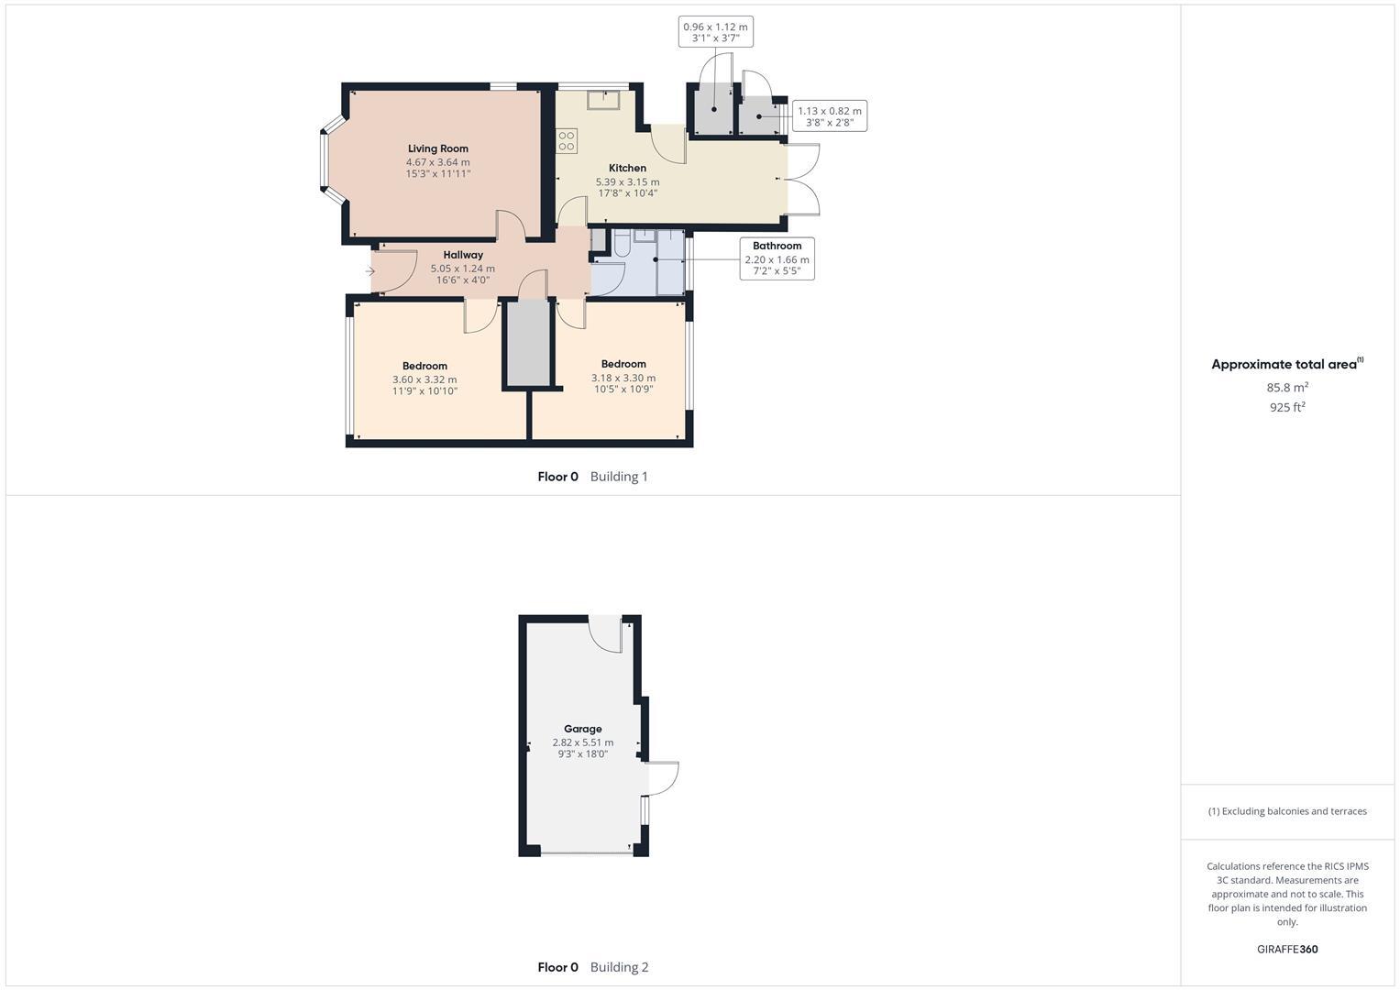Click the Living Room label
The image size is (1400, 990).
pyautogui.click(x=437, y=148)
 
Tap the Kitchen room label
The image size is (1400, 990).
pyautogui.click(x=627, y=168)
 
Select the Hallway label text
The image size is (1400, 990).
pyautogui.click(x=463, y=255)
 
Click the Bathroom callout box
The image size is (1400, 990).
pyautogui.click(x=777, y=258)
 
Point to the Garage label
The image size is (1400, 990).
pyautogui.click(x=582, y=730)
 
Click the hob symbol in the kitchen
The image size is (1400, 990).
pyautogui.click(x=567, y=140)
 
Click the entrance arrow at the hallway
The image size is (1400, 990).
pyautogui.click(x=369, y=271)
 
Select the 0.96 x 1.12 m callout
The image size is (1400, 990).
pyautogui.click(x=715, y=32)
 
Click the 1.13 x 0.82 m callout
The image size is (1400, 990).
pyautogui.click(x=829, y=116)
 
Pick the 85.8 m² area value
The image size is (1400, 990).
pyautogui.click(x=1287, y=388)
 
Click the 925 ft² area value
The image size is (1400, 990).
pyautogui.click(x=1287, y=408)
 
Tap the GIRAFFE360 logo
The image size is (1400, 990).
pyautogui.click(x=1287, y=950)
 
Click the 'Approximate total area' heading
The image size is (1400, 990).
pyautogui.click(x=1284, y=365)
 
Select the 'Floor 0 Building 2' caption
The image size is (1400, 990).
pyautogui.click(x=592, y=967)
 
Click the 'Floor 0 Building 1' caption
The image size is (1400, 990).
pyautogui.click(x=592, y=477)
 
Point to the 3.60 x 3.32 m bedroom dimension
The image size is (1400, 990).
pyautogui.click(x=424, y=379)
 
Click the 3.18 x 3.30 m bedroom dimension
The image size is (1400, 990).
pyautogui.click(x=623, y=378)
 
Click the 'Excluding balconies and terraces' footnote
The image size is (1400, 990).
pyautogui.click(x=1287, y=811)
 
